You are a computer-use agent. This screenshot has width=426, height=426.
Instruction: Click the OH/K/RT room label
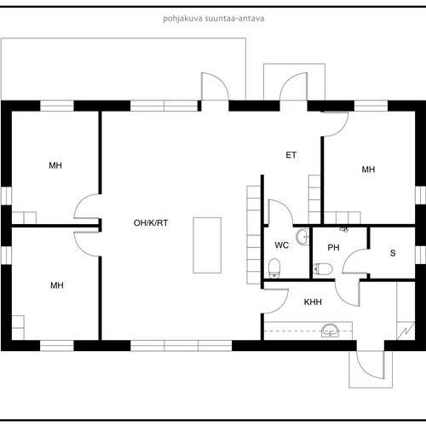pos(151,223)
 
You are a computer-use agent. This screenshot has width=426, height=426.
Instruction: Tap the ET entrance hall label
pos(291,155)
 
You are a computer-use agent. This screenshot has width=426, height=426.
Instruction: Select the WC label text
pos(282,245)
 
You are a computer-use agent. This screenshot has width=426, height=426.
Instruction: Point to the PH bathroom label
pos(333,248)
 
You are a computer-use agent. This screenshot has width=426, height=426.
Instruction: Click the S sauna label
pos(393,253)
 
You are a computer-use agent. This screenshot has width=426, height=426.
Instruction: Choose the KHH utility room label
pos(313,302)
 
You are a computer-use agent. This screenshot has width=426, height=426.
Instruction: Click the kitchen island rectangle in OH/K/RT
pos(207,245)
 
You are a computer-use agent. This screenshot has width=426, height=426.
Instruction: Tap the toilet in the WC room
pos(274,268)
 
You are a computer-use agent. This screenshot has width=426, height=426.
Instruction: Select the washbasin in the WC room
pos(302,236)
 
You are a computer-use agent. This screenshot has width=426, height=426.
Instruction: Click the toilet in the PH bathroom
pos(322,269)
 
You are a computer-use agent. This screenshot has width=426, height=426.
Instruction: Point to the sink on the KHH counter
pos(331,331)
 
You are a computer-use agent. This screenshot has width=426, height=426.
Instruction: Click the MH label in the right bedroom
pos(368,170)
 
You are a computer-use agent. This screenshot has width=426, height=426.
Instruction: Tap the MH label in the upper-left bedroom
pos(55,165)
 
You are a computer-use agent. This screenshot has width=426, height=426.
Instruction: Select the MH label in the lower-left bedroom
pos(57,285)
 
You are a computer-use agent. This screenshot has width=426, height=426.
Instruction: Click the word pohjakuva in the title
pos(182,19)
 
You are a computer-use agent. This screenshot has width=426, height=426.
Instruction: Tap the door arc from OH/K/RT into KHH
pos(283,308)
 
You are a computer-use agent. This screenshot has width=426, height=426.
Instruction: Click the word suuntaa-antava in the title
pos(234,19)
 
